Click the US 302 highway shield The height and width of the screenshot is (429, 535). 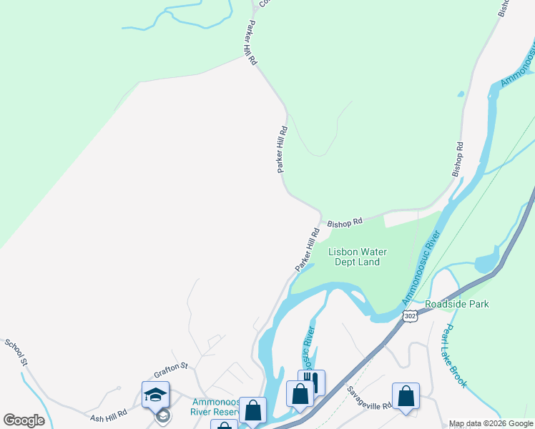409,315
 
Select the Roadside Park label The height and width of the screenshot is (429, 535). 457,304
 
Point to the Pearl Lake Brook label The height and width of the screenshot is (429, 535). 454,356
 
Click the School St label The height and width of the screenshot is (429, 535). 16,353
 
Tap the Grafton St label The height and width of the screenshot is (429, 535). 170,370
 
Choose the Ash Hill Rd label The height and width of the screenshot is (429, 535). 108,415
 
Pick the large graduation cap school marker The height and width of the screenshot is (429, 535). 155,394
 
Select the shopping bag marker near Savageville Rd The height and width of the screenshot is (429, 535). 406,395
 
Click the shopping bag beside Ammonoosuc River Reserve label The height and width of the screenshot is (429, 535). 252,410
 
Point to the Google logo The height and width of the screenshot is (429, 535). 24,420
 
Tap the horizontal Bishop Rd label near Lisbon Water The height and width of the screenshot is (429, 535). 345,222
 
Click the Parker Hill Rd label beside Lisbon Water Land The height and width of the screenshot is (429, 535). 306,250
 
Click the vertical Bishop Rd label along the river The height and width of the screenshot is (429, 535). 458,159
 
